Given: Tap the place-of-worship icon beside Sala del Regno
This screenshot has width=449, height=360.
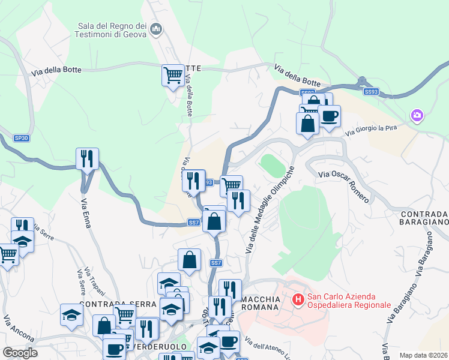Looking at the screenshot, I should coord(156,28).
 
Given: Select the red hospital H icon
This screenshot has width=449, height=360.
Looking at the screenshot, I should coord(297,298).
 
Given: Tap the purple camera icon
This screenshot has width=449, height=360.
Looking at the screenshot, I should coord(417,115).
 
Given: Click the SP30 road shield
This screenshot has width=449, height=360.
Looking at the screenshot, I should coord(21,139).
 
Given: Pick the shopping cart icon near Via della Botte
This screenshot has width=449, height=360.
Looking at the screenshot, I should coord(173,76).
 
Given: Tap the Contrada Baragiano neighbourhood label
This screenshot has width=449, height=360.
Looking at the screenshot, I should coord(424,218).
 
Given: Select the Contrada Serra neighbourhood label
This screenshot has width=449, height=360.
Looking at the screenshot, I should coord(117,304).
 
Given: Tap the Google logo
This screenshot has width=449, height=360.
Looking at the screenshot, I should coord(20,353).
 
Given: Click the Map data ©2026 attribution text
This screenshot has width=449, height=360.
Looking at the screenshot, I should coord(423,355).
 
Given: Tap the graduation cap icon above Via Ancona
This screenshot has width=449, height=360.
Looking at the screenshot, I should coord(71,314).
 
